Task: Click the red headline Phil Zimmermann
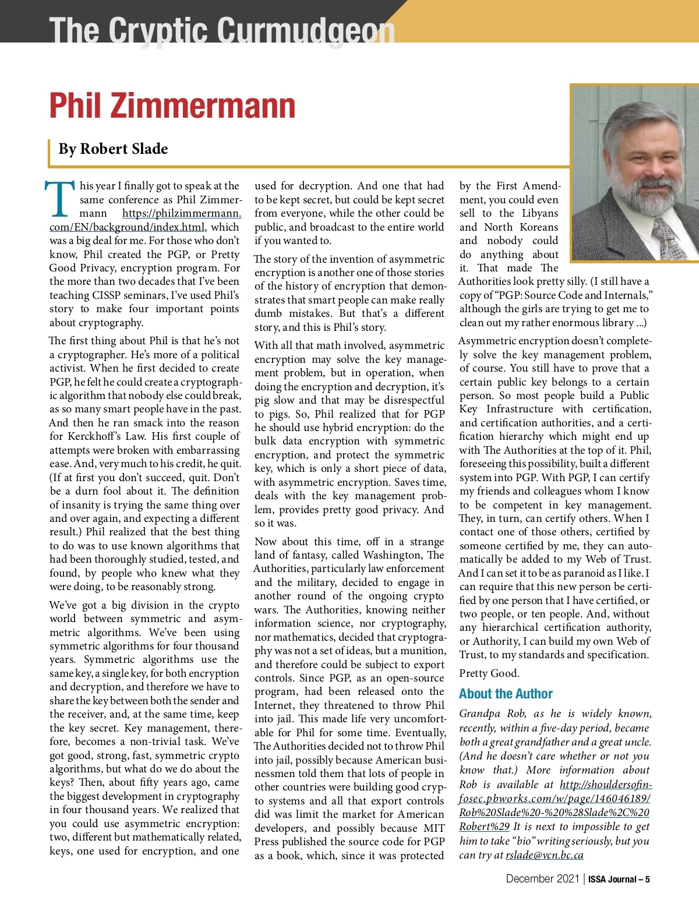(x=172, y=106)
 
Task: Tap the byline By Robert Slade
(x=113, y=149)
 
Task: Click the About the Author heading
(x=505, y=694)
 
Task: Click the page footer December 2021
(x=542, y=879)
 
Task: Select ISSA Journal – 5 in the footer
(x=619, y=880)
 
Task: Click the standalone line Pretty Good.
(x=489, y=673)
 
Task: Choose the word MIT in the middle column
(x=433, y=828)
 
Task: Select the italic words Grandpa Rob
(x=492, y=714)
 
